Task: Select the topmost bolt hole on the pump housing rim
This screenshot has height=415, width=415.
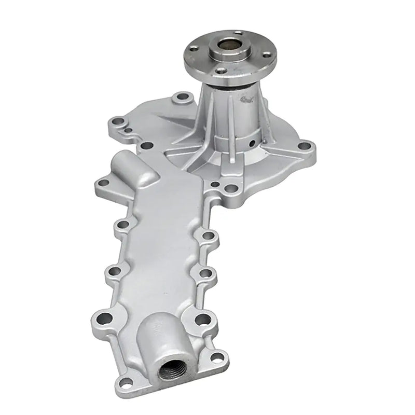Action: click(181, 97)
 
